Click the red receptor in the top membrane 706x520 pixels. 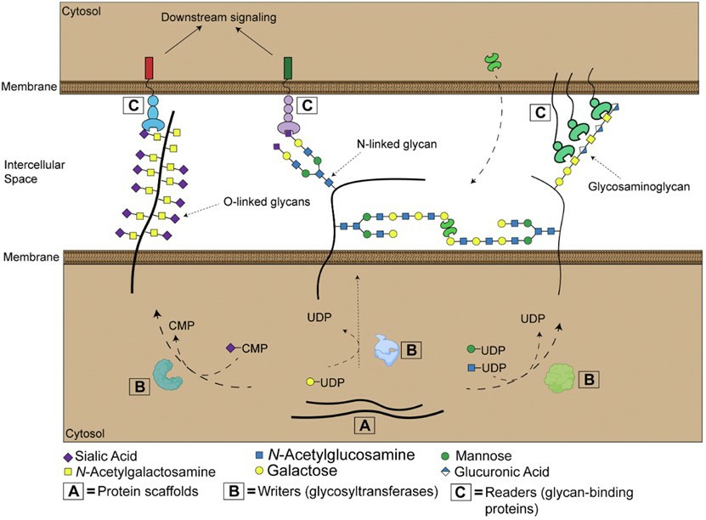150,67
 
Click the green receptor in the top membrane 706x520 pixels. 287,67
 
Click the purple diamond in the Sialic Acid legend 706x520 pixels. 69,455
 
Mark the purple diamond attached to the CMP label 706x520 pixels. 229,348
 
